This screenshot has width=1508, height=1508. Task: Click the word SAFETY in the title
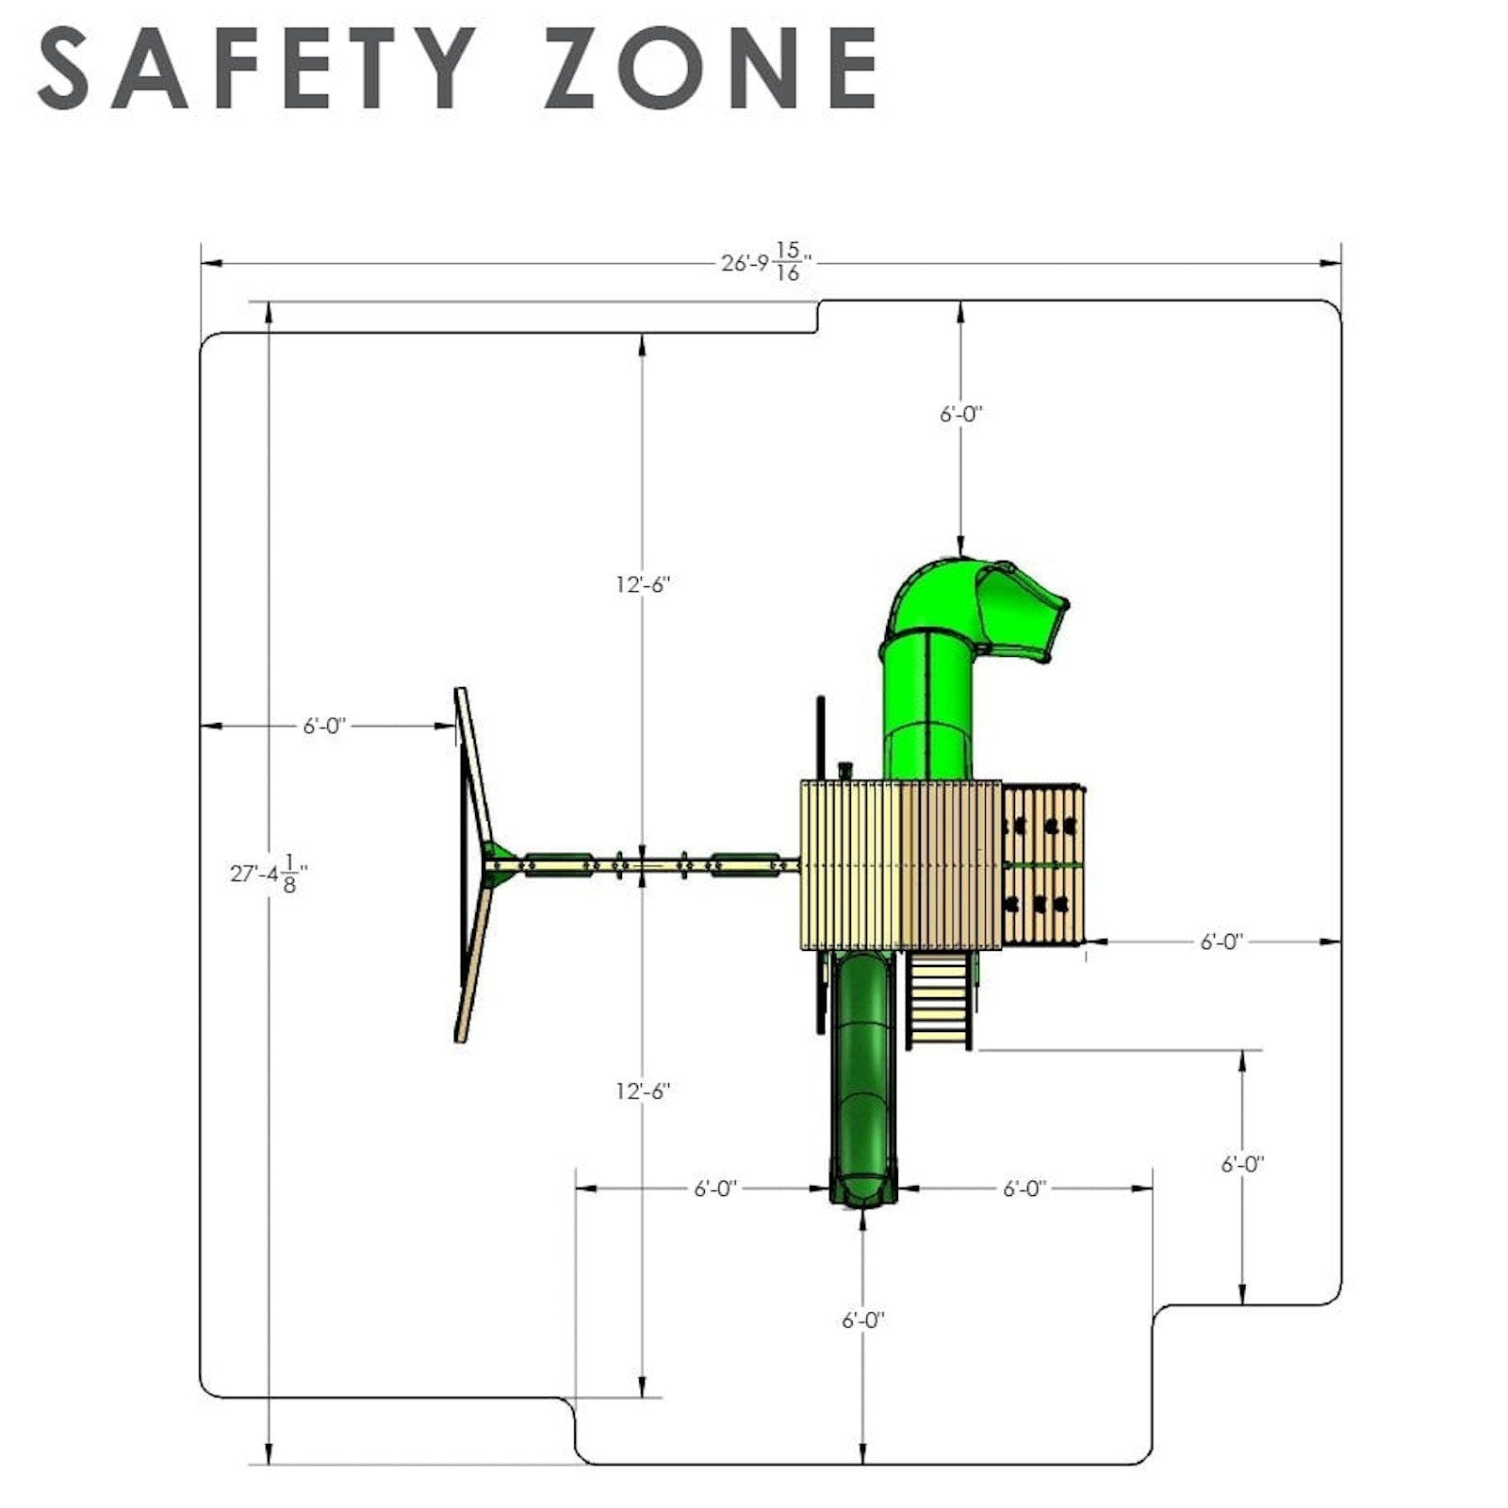tap(256, 68)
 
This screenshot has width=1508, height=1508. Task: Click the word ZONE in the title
tap(710, 68)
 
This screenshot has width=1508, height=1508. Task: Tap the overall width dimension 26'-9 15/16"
tap(766, 262)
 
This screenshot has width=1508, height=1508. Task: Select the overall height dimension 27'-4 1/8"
tap(269, 874)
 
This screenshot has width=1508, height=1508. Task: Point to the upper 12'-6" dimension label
tap(643, 584)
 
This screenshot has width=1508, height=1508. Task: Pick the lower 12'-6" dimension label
tap(643, 1091)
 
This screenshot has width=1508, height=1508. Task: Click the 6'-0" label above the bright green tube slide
tap(960, 414)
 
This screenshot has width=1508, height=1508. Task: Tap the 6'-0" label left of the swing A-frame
tap(325, 726)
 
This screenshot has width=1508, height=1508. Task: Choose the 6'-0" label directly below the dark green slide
tap(863, 1320)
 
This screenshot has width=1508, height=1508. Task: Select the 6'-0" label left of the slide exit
tap(715, 1188)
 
